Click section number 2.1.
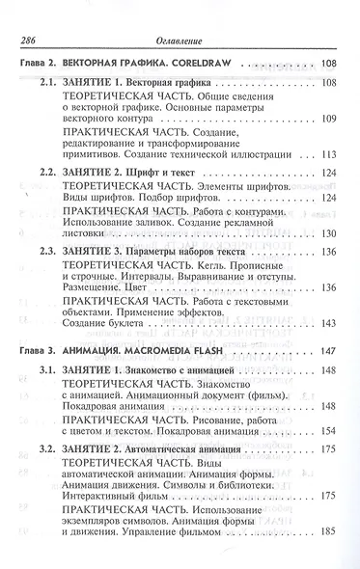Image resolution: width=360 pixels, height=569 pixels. pyautogui.click(x=51, y=84)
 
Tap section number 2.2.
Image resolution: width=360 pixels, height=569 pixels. pyautogui.click(x=51, y=172)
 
